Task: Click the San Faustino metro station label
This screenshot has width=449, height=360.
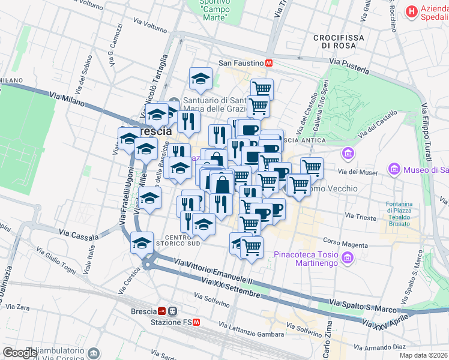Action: [x=241, y=62]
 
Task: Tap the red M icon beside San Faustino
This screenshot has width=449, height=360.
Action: [x=270, y=62]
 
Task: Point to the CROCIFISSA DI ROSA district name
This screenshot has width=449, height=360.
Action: [x=339, y=41]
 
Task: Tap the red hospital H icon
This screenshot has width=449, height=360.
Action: [x=411, y=11]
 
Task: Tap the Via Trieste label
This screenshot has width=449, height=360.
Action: [x=358, y=215]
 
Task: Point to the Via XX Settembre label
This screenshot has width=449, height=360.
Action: [x=232, y=288]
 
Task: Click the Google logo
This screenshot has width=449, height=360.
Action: [x=20, y=353]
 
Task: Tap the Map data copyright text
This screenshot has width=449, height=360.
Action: [x=423, y=355]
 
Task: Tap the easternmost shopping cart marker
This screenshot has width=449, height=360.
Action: [x=312, y=168]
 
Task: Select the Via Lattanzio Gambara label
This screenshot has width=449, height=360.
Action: [x=252, y=330]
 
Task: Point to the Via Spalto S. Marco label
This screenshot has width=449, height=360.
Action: [x=363, y=309]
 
